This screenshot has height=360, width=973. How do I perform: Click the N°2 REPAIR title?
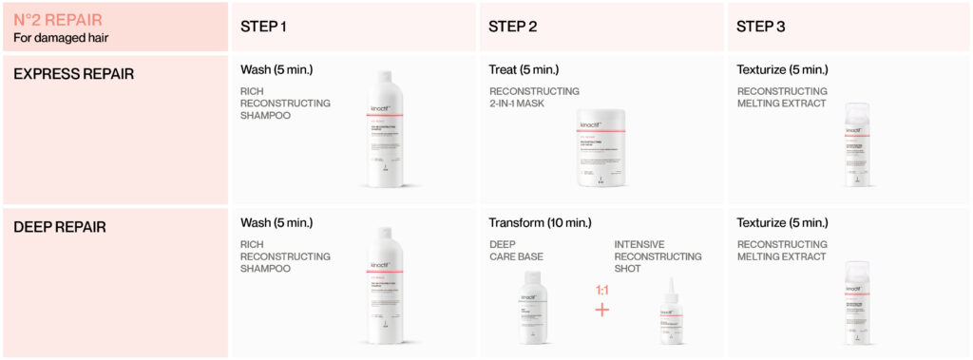(57, 19)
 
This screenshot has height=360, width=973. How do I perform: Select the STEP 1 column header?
(264, 27)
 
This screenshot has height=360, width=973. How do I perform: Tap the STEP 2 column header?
(513, 27)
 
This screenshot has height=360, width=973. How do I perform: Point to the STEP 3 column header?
(761, 27)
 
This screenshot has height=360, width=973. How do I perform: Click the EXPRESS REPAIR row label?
(73, 73)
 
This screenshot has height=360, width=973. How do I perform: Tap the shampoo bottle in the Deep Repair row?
(385, 285)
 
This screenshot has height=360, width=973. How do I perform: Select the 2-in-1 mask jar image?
(602, 148)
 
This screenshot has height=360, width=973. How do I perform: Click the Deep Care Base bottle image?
(535, 308)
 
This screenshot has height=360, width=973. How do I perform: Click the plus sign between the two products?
(601, 310)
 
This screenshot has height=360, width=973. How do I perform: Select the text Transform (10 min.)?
(540, 223)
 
